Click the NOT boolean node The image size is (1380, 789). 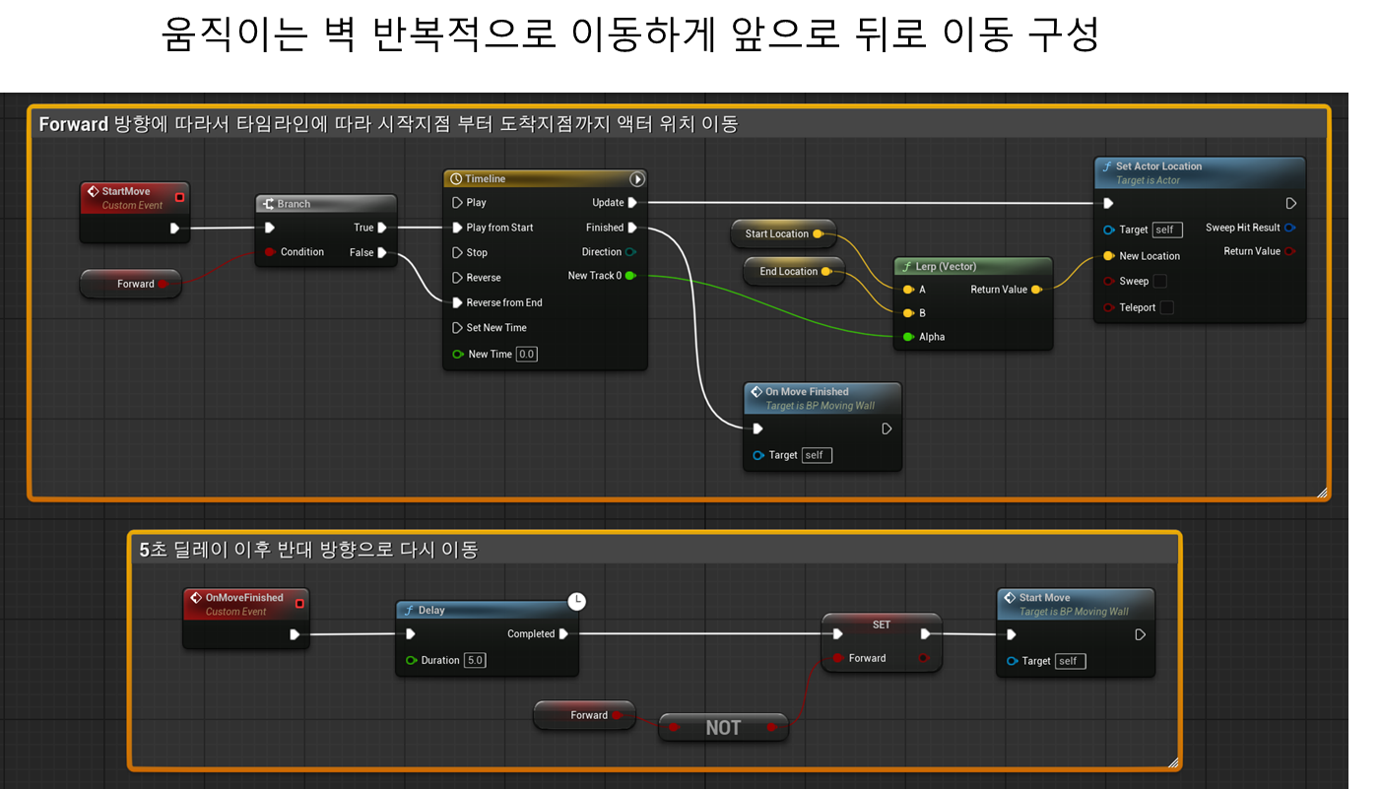pyautogui.click(x=723, y=727)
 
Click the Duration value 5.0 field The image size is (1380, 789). pyautogui.click(x=475, y=660)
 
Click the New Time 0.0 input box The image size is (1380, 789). pyautogui.click(x=527, y=355)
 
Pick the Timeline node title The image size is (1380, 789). pyautogui.click(x=485, y=178)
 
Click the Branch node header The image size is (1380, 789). pyautogui.click(x=326, y=204)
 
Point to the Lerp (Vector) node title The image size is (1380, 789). pyautogui.click(x=946, y=266)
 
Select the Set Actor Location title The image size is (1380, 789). pyautogui.click(x=1158, y=166)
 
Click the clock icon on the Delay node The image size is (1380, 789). pyautogui.click(x=576, y=601)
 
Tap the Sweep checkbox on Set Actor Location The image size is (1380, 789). pyautogui.click(x=1160, y=281)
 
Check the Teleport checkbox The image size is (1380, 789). pyautogui.click(x=1167, y=307)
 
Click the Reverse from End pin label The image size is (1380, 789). pyautogui.click(x=504, y=302)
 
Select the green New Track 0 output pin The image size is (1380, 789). pyautogui.click(x=630, y=276)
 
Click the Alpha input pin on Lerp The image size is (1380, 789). pyautogui.click(x=908, y=336)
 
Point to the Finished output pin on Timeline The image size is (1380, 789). pyautogui.click(x=632, y=228)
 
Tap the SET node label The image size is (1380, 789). pyautogui.click(x=881, y=625)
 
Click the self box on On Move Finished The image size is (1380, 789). pyautogui.click(x=817, y=455)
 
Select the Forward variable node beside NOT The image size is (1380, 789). pyautogui.click(x=584, y=715)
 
